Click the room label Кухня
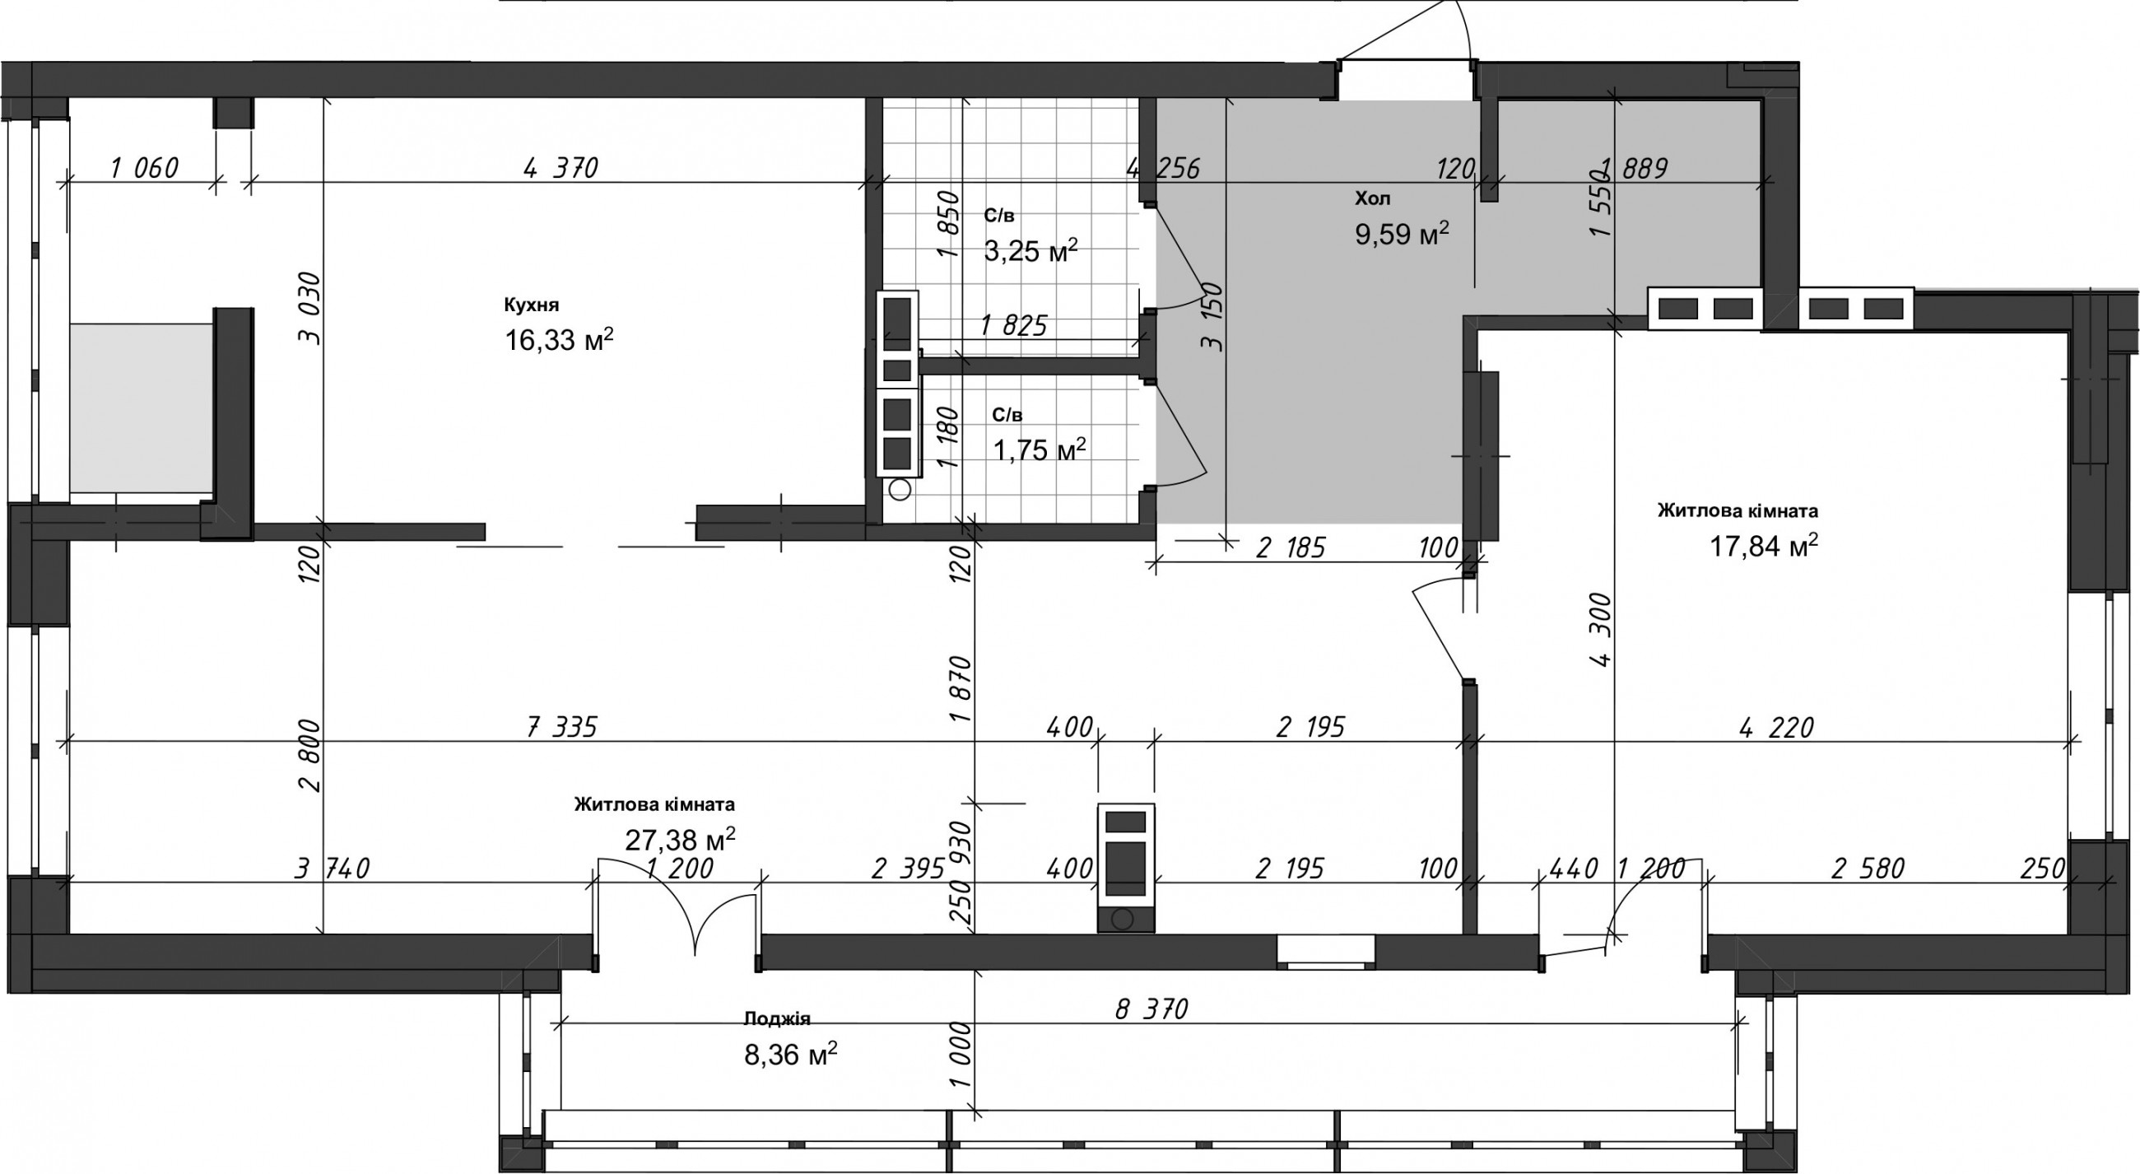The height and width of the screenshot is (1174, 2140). pyautogui.click(x=532, y=305)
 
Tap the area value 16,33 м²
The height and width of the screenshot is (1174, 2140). pyautogui.click(x=559, y=339)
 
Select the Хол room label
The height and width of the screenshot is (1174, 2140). pyautogui.click(x=1372, y=198)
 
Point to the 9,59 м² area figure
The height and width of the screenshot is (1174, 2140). pyautogui.click(x=1403, y=234)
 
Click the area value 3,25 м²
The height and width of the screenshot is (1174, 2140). pyautogui.click(x=1031, y=250)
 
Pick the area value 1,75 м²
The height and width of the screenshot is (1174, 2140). pyautogui.click(x=1040, y=450)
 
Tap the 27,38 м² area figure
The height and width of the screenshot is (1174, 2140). pyautogui.click(x=680, y=839)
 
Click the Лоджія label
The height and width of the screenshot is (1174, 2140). pyautogui.click(x=777, y=1018)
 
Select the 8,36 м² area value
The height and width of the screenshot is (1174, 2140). pyautogui.click(x=791, y=1055)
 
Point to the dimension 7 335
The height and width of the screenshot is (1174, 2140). pyautogui.click(x=562, y=727)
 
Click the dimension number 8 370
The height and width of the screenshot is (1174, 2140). pyautogui.click(x=1152, y=1009)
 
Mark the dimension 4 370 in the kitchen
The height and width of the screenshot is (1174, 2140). pyautogui.click(x=561, y=169)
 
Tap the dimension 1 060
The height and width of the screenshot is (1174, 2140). pyautogui.click(x=145, y=169)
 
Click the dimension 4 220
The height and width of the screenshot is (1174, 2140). pyautogui.click(x=1777, y=727)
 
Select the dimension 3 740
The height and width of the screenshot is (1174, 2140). pyautogui.click(x=333, y=869)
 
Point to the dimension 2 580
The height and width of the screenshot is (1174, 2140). pyautogui.click(x=1868, y=869)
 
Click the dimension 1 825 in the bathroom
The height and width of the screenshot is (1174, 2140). pyautogui.click(x=1013, y=326)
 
